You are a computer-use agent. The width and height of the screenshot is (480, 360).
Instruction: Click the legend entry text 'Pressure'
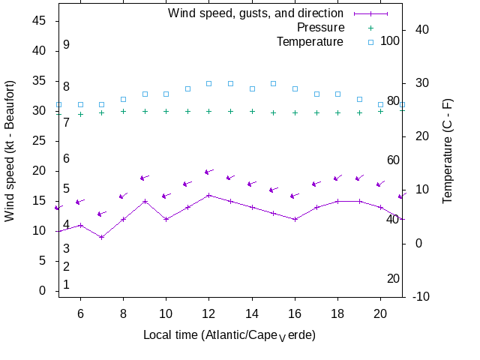coord(321,27)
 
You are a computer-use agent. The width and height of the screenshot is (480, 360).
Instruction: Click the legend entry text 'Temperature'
coord(310,41)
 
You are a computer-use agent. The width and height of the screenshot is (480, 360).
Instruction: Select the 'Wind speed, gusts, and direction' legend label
coord(256,13)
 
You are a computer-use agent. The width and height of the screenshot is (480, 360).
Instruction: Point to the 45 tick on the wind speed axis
coord(39,21)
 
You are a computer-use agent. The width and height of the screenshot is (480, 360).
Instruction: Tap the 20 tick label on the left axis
coord(39,171)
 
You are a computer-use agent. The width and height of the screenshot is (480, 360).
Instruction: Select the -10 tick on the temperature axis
coord(421,296)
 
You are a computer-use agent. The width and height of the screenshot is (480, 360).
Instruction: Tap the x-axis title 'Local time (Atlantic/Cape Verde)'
coord(229,334)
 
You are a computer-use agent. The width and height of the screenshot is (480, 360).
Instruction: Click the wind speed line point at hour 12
coord(209,195)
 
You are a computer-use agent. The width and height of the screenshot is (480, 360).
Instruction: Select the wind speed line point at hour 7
coord(102,237)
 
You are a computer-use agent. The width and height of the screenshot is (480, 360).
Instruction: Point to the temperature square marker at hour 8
coord(123,99)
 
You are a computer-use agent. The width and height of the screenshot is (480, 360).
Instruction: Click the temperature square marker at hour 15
coord(273,83)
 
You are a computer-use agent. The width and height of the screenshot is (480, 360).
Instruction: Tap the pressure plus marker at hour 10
coord(166,111)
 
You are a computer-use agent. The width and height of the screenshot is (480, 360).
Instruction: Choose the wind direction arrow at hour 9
coord(145,178)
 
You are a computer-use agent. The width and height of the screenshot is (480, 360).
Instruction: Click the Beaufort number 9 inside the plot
coord(66,45)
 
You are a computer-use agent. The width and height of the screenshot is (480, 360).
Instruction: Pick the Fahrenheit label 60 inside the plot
coord(393,160)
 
